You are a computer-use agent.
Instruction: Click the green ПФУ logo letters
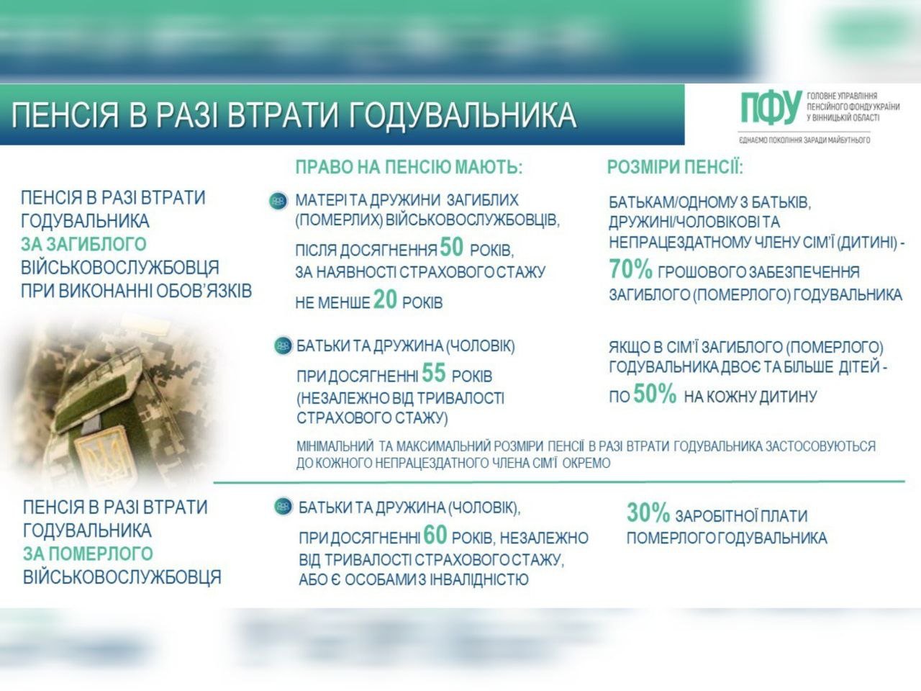[x=771, y=108]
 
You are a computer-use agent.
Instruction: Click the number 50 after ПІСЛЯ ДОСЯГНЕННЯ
[x=451, y=248]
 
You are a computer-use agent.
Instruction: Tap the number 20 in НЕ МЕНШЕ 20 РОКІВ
[x=385, y=300]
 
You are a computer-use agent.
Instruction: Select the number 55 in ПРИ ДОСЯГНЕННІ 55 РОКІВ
[x=434, y=374]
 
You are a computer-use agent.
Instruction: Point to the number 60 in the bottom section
[x=435, y=536]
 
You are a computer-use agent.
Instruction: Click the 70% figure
[x=630, y=270]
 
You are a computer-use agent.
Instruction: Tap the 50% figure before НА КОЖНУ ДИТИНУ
[x=654, y=394]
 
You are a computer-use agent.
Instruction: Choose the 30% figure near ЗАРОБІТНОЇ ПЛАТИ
[x=648, y=513]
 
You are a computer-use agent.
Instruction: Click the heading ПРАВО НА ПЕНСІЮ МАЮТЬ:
[x=408, y=168]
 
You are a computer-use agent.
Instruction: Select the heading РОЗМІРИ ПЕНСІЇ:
[x=675, y=168]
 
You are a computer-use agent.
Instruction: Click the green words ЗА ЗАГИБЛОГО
[x=83, y=244]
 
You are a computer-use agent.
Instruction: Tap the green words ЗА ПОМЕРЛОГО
[x=88, y=554]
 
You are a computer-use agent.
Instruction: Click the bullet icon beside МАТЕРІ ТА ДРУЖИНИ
[x=278, y=201]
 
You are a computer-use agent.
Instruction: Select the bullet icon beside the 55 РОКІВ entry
[x=283, y=346]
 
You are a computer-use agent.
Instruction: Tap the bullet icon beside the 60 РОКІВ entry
[x=283, y=507]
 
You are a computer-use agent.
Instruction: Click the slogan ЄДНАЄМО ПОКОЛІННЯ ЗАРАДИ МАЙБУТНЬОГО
[x=804, y=140]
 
